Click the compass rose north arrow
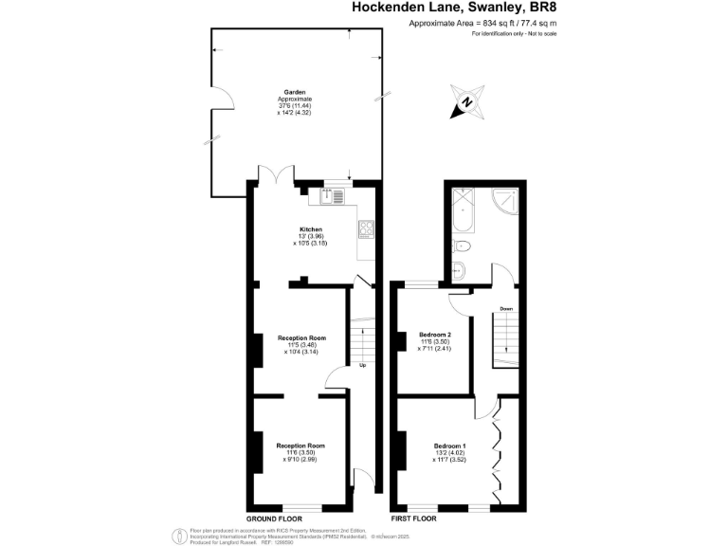466,105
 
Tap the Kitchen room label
311,230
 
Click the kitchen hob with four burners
365,229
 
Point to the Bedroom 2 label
434,335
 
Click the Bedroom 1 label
450,446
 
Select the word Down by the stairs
506,309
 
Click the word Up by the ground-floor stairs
362,365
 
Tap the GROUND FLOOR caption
274,519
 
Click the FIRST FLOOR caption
414,519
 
